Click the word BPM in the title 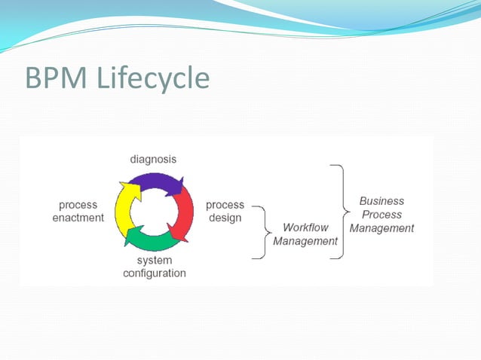(x=57, y=78)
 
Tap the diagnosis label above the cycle (x=153, y=159)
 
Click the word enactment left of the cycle (x=78, y=218)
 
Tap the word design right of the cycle (x=225, y=218)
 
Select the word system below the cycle (x=154, y=260)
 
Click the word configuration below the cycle (x=154, y=273)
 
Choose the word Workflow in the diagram (x=305, y=227)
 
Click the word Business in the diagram (x=381, y=201)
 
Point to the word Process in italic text (x=381, y=215)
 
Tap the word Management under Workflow (x=305, y=241)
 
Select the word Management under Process (x=381, y=228)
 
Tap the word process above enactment (x=78, y=205)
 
